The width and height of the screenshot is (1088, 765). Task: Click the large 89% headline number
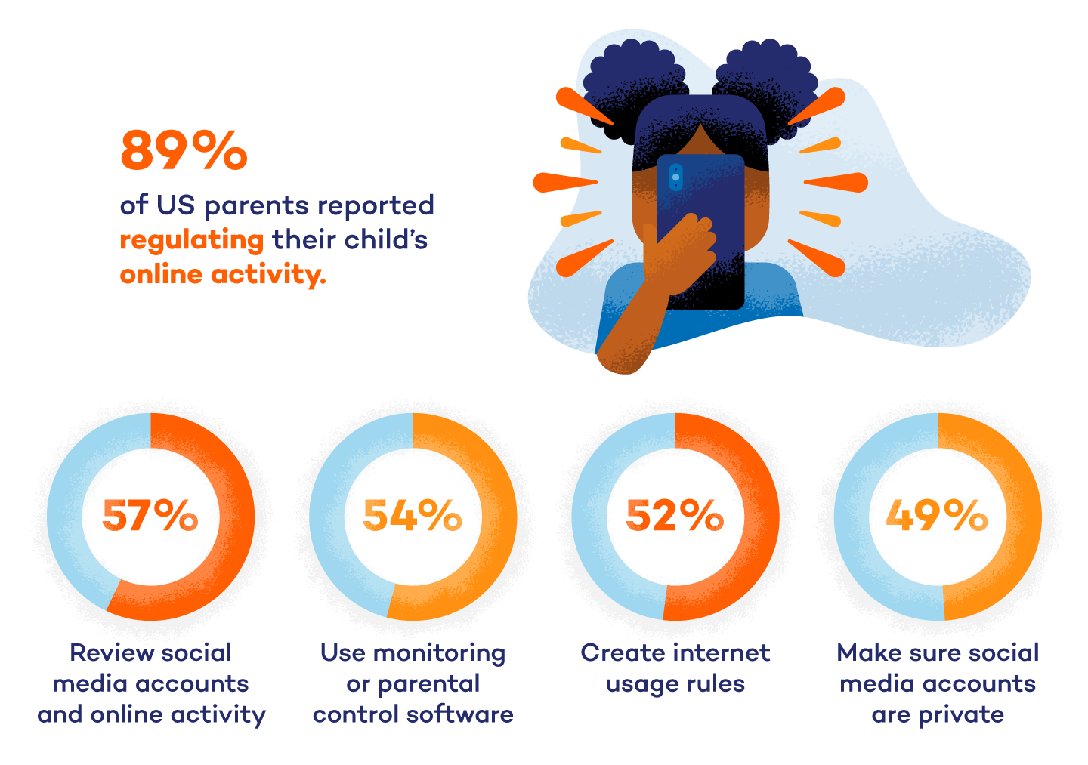[x=184, y=150]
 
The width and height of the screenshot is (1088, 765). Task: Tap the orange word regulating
[x=192, y=240]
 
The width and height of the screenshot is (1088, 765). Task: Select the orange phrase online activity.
[x=223, y=274]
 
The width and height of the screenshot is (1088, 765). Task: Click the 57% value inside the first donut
[x=150, y=517]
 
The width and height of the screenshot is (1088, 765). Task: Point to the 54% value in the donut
[x=413, y=517]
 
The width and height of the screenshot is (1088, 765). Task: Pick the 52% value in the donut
[x=675, y=517]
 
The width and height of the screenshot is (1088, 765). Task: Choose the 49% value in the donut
[x=937, y=517]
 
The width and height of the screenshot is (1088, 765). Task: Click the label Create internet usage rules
[x=675, y=668]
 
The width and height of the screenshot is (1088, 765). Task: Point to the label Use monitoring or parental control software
[x=413, y=683]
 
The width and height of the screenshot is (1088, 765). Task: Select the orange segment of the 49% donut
[x=1023, y=517]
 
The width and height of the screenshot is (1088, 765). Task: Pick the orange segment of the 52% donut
[x=761, y=517]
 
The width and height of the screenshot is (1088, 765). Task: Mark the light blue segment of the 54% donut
[x=327, y=517]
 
